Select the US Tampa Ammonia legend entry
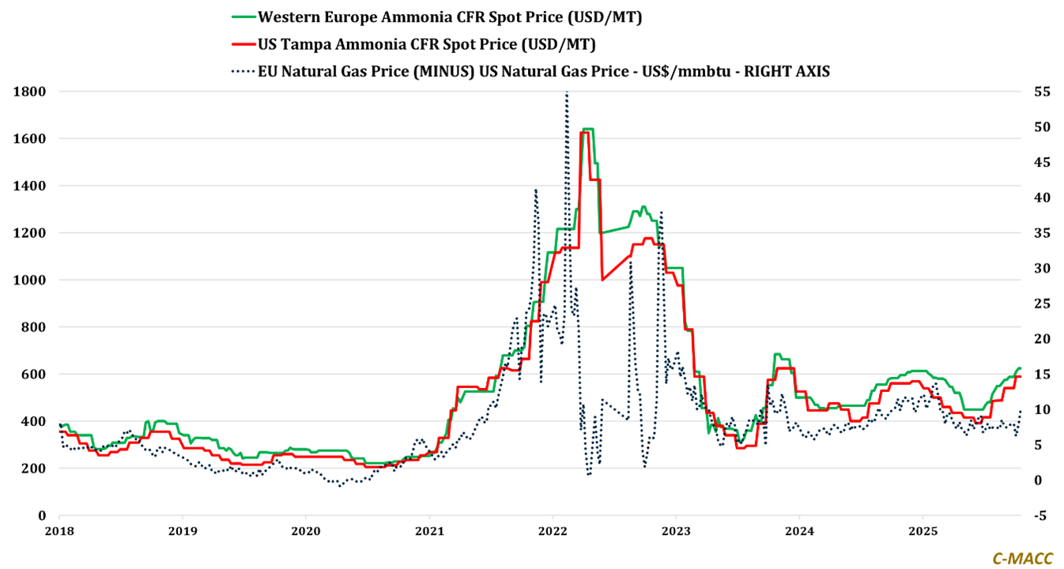(427, 43)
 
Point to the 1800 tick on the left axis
(36, 92)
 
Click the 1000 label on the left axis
(36, 280)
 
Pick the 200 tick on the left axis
(39, 468)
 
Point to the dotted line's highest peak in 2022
(566, 94)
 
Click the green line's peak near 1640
(588, 129)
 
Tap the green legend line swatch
(242, 17)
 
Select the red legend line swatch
(242, 43)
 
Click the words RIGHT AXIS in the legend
(790, 71)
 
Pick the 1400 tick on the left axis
(36, 186)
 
